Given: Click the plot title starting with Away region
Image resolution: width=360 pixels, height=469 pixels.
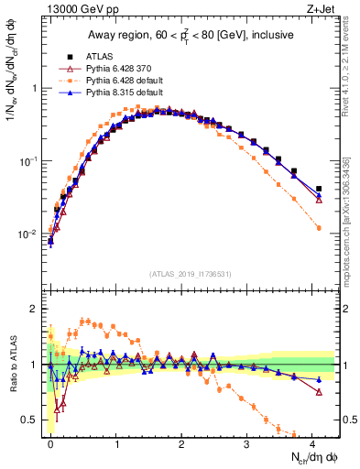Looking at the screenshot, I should click(191, 35).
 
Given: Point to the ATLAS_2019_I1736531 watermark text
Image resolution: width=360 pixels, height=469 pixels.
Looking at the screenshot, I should click(191, 273).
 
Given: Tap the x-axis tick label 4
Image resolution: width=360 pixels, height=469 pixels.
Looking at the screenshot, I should click(312, 443).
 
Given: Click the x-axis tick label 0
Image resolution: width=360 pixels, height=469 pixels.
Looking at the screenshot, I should click(50, 443).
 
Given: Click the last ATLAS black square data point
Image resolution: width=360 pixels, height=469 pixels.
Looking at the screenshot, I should click(318, 189).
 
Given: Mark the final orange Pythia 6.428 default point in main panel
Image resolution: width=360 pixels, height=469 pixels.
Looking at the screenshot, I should click(318, 228).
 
